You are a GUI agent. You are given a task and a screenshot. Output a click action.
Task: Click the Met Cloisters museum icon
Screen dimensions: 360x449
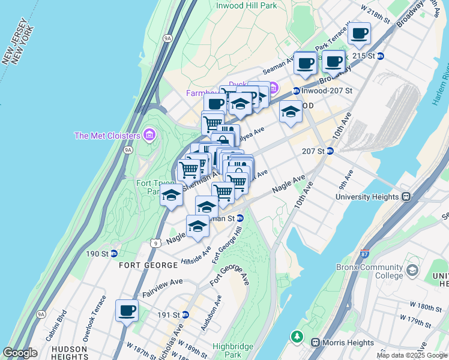pyautogui.click(x=149, y=136)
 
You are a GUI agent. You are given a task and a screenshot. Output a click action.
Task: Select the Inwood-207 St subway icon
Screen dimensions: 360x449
pyautogui.click(x=296, y=91)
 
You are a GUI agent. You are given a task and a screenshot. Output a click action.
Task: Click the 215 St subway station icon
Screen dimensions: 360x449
pyautogui.click(x=380, y=56)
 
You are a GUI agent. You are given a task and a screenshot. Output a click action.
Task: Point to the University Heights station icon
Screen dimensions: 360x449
pyautogui.click(x=406, y=196)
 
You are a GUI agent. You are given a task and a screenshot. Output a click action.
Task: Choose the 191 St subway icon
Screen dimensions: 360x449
pyautogui.click(x=185, y=314)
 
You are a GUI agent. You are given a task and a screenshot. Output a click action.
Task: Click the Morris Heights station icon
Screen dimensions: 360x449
pyautogui.click(x=315, y=342)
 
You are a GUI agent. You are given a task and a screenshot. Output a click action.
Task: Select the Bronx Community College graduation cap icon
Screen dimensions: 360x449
pyautogui.click(x=412, y=271)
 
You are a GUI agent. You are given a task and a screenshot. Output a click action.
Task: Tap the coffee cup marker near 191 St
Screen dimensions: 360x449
pyautogui.click(x=127, y=311)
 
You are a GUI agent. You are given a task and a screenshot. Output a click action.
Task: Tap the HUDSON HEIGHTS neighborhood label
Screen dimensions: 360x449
pyautogui.click(x=70, y=352)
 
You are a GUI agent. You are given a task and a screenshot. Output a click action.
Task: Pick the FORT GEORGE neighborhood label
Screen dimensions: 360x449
pyautogui.click(x=142, y=265)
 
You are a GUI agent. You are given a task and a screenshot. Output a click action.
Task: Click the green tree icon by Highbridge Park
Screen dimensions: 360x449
pyautogui.click(x=296, y=335)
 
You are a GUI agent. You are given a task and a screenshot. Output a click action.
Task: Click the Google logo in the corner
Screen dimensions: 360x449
pyautogui.click(x=20, y=353)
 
